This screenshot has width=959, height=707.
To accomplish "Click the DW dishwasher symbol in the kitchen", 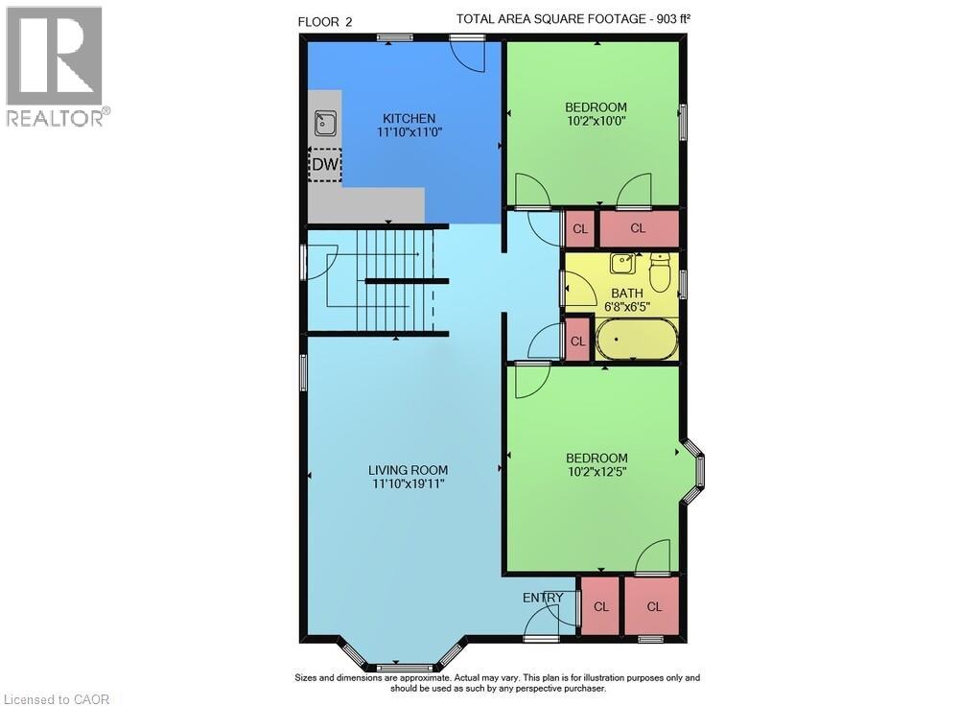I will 325,165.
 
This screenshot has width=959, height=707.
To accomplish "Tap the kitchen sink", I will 326,123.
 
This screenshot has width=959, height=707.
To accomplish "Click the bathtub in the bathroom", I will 637,340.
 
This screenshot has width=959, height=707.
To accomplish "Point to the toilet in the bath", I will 659,272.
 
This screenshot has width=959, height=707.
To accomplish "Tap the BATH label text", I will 627,294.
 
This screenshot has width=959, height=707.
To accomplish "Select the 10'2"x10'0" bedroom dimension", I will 596,121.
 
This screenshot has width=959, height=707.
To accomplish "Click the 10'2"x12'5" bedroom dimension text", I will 596,472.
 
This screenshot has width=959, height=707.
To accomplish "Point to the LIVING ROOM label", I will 409,470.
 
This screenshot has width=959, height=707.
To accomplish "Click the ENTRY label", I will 543,598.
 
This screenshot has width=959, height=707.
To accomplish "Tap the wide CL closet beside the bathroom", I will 638,228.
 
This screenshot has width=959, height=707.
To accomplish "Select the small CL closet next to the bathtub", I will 577,342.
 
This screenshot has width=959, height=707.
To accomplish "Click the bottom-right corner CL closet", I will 654,605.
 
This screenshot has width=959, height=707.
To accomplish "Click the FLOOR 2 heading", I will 325,21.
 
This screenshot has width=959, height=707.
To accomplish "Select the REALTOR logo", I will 55,66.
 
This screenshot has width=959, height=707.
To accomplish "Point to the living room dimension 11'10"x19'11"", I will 409,484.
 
